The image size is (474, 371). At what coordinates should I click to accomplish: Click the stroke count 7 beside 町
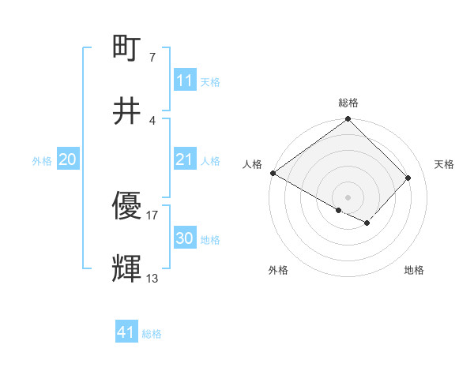tap(152, 58)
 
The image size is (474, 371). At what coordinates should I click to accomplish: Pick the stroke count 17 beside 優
tap(152, 215)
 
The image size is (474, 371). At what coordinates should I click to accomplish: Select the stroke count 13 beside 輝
tap(152, 278)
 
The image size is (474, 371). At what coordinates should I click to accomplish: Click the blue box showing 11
tap(184, 81)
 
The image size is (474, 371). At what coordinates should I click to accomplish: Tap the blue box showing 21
tap(184, 160)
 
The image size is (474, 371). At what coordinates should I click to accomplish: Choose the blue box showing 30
tap(184, 238)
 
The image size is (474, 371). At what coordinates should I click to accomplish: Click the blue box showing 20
tap(67, 160)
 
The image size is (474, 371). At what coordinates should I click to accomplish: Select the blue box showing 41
tap(126, 332)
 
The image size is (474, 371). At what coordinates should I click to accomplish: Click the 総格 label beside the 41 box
tap(152, 334)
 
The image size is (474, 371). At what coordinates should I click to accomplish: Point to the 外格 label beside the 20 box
tap(42, 161)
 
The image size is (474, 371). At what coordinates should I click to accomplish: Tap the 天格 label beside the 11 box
tap(210, 81)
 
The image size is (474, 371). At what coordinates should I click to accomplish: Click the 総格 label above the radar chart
tap(348, 103)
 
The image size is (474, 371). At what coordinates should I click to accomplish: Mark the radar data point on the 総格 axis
tap(348, 120)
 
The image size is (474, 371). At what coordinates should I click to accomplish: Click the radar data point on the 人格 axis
tap(273, 173)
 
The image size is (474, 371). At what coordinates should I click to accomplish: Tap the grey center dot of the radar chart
tap(348, 197)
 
